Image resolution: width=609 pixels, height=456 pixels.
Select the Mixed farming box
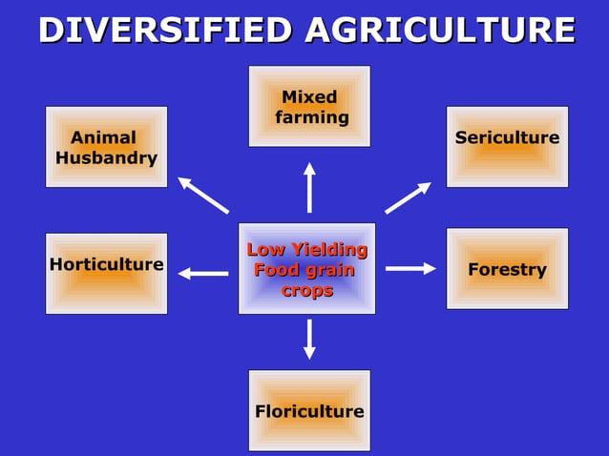[x=309, y=106]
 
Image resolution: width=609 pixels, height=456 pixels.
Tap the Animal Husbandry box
[x=106, y=147]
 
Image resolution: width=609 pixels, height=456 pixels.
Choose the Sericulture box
[x=507, y=146]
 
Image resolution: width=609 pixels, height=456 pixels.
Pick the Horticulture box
[x=106, y=273]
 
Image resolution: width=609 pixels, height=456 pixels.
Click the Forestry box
[x=507, y=268]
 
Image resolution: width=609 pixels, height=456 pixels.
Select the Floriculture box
[x=309, y=410]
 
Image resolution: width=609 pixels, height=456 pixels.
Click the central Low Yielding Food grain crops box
[x=306, y=268]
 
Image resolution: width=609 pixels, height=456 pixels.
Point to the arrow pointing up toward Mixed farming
[x=309, y=187]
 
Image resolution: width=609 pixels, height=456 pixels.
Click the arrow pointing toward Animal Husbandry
[x=202, y=196]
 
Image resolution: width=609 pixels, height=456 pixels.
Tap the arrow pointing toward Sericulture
[x=408, y=197]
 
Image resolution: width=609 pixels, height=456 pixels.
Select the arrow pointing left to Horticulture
[x=202, y=274]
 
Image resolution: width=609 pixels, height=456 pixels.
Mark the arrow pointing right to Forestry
[x=410, y=269]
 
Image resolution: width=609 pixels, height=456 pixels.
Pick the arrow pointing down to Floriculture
[x=309, y=339]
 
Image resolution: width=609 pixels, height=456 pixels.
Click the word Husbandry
[x=106, y=158]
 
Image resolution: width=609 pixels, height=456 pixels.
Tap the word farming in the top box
[x=312, y=117]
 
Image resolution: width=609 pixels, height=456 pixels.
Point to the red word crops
[x=306, y=290]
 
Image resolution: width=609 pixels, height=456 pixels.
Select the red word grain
[x=330, y=270]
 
